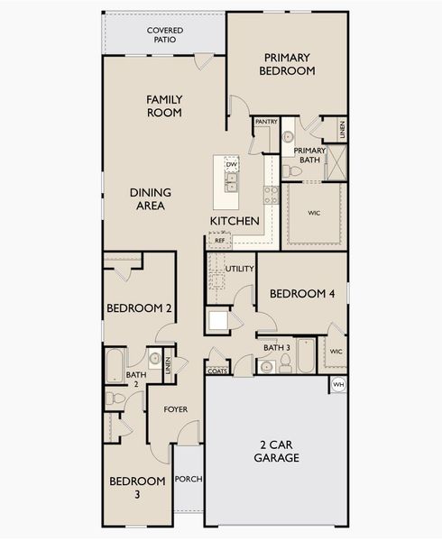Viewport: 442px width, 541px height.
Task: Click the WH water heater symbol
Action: click(x=339, y=385)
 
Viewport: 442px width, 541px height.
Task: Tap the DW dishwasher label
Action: click(x=232, y=165)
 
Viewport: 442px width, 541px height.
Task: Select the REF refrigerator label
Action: click(x=220, y=241)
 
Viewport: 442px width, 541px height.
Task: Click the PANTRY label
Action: click(x=266, y=122)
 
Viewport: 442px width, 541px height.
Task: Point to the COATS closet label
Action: click(x=217, y=371)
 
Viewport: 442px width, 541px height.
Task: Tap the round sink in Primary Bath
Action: click(x=288, y=137)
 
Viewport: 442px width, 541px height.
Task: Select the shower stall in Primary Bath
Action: click(x=336, y=163)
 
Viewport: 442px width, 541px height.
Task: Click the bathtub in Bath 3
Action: click(x=306, y=355)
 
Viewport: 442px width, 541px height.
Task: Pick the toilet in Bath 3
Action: click(x=285, y=363)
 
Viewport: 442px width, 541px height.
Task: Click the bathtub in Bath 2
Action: click(x=115, y=366)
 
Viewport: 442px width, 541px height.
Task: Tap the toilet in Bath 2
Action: click(x=115, y=399)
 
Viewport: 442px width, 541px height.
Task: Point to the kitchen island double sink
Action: click(x=231, y=182)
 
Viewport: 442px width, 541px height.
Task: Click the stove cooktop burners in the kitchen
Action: click(x=272, y=195)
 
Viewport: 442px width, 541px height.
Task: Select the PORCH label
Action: click(x=189, y=479)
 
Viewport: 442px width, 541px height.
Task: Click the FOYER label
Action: click(x=176, y=409)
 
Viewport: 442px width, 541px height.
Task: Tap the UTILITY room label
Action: click(x=239, y=269)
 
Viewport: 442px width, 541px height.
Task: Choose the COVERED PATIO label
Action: click(x=165, y=35)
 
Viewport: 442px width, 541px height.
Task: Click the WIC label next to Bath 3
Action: click(x=336, y=352)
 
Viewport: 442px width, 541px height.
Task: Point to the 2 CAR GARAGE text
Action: click(x=276, y=452)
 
